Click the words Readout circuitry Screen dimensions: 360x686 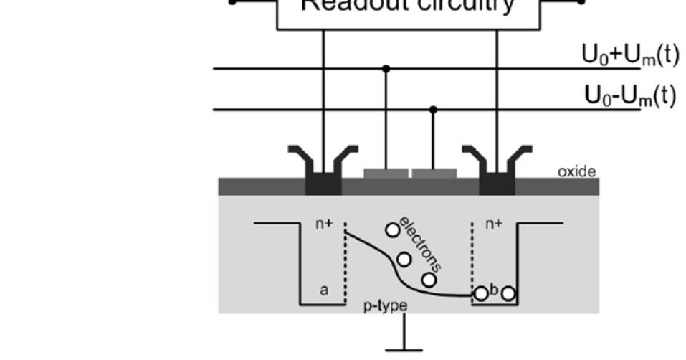point(407,6)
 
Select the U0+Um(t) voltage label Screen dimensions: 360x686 point(630,55)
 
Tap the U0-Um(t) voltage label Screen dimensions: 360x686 point(630,95)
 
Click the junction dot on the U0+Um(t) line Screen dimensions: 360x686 point(386,69)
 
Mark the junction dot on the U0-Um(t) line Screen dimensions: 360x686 point(433,110)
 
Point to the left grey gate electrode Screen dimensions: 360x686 point(386,173)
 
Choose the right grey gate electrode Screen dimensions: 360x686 point(434,173)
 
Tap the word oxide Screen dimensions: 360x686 point(576,171)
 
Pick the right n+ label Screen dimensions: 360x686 point(495,224)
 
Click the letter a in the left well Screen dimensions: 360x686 point(324,290)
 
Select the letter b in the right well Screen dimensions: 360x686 point(494,290)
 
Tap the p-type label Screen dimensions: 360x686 point(385,306)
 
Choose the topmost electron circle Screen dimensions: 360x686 point(392,229)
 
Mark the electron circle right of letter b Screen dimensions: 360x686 point(508,293)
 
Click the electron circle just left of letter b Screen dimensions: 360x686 point(481,293)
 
